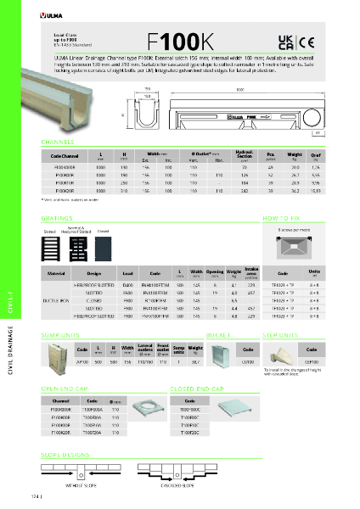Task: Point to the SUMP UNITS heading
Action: pos(59,335)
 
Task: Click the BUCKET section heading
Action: pos(224,335)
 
